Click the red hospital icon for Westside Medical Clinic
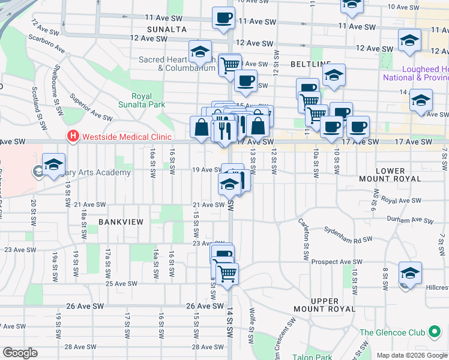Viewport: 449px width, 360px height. pyautogui.click(x=73, y=136)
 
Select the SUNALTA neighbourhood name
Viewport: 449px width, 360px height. pyautogui.click(x=166, y=29)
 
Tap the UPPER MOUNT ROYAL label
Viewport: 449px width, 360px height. pyautogui.click(x=334, y=305)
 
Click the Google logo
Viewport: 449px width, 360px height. pyautogui.click(x=20, y=353)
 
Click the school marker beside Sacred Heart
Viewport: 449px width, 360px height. pyautogui.click(x=200, y=52)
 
